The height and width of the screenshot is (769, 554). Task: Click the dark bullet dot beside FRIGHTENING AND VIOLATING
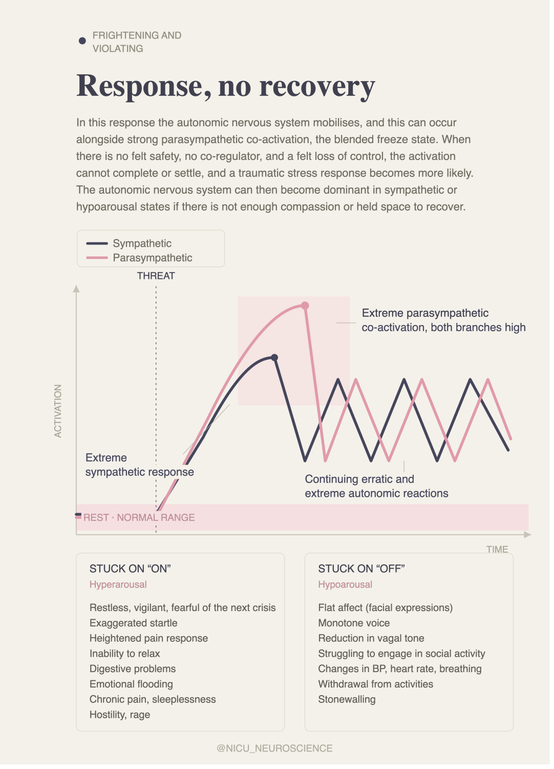click(x=82, y=41)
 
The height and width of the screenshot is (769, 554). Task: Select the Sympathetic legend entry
click(x=130, y=245)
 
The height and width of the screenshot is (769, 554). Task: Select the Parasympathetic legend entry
click(x=140, y=259)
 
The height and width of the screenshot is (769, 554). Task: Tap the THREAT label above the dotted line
click(x=157, y=278)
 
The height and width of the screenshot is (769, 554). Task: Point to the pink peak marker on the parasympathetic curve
click(x=307, y=308)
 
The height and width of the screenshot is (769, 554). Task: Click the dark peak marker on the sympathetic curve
click(x=276, y=360)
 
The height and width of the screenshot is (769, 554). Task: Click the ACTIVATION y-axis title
click(x=58, y=414)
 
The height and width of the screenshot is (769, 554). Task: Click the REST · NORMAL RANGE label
click(x=140, y=521)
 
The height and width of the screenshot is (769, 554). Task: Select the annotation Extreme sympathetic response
click(x=141, y=468)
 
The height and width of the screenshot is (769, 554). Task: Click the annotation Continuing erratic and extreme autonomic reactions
click(x=379, y=490)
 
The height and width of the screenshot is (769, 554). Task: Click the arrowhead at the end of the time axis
click(x=531, y=539)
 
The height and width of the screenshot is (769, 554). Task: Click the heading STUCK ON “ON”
click(x=131, y=573)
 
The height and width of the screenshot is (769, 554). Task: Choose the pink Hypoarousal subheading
click(x=348, y=589)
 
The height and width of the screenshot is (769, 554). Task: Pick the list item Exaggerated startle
click(x=134, y=628)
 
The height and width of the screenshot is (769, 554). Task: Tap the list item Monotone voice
click(x=356, y=628)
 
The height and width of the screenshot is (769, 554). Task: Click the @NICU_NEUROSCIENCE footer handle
click(x=276, y=754)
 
